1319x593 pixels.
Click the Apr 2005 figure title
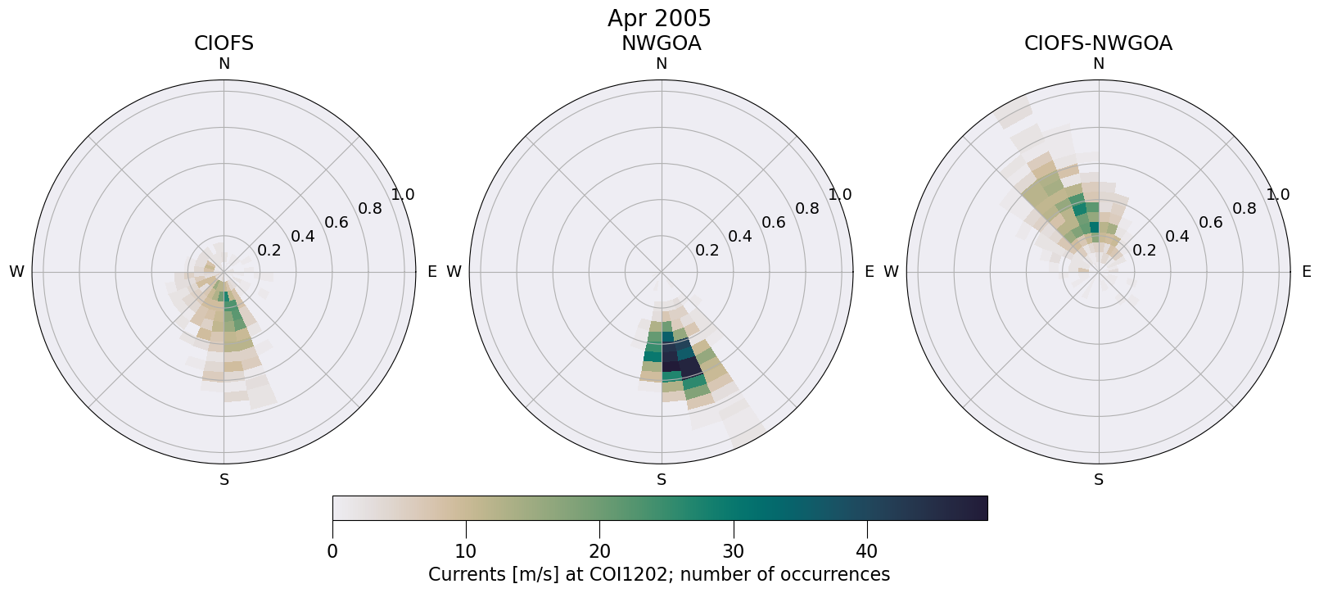point(659,18)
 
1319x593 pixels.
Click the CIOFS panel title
point(224,43)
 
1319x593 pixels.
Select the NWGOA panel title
point(661,43)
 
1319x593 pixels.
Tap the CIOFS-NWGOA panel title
point(1098,43)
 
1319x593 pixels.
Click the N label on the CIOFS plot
point(224,64)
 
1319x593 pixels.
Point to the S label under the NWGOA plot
point(662,480)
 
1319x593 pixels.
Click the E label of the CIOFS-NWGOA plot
point(1307,272)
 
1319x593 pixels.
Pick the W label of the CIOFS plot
point(16,272)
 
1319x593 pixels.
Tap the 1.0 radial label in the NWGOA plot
point(840,195)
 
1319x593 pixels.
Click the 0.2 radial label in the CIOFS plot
point(269,251)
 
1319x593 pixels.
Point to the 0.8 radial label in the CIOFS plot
point(370,208)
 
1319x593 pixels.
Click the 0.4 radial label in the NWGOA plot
point(740,237)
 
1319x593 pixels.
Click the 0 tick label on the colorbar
point(332,551)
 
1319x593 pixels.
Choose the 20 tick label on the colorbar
point(599,551)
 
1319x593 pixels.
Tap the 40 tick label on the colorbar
point(867,551)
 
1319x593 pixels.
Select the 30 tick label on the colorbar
point(734,551)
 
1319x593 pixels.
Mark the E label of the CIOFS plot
point(432,272)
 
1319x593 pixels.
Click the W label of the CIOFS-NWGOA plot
point(892,272)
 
